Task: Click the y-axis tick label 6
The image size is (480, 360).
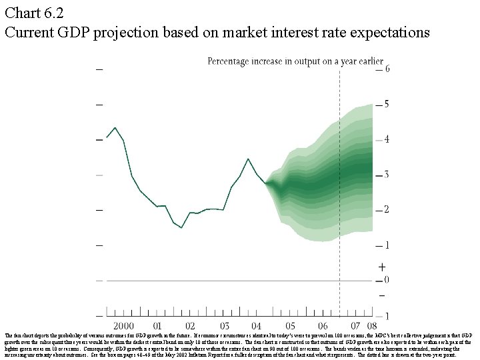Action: [387, 69]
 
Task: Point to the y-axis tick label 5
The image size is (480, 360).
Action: [387, 105]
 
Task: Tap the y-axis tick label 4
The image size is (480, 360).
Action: [387, 140]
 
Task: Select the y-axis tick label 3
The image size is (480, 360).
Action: [387, 175]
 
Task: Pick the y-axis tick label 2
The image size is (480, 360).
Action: [387, 210]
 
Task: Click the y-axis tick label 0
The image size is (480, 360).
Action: [387, 281]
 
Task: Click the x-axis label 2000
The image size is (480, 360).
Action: [123, 326]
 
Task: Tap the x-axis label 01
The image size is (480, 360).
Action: [157, 326]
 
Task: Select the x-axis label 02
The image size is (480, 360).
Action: [190, 326]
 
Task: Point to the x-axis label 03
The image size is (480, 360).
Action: [223, 326]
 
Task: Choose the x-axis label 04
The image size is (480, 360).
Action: [257, 326]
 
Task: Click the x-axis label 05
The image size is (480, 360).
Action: [291, 326]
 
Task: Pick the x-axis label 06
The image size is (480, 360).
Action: [324, 326]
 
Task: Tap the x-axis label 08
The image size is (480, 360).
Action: [371, 326]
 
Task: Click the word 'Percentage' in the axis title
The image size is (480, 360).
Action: [232, 61]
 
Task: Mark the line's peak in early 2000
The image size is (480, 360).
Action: [115, 127]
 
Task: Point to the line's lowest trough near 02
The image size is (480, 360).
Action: [181, 228]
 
